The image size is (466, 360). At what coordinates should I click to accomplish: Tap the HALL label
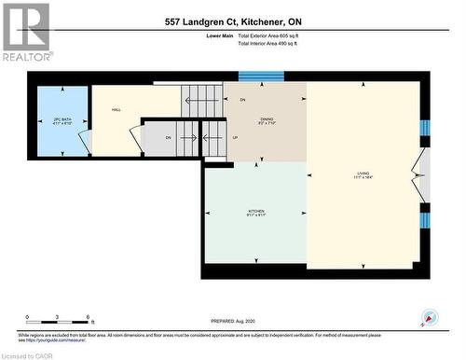pyautogui.click(x=117, y=110)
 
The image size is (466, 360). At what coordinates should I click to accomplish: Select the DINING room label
pyautogui.click(x=267, y=120)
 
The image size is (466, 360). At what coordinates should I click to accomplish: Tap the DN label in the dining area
pyautogui.click(x=242, y=99)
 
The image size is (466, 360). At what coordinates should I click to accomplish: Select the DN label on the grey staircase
pyautogui.click(x=169, y=138)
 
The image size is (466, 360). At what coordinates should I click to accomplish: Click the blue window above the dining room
pyautogui.click(x=260, y=76)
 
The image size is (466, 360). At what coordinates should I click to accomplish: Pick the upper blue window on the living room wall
pyautogui.click(x=424, y=128)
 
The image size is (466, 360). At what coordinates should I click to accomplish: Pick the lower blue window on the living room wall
pyautogui.click(x=424, y=220)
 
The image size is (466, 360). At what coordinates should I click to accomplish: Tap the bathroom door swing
pyautogui.click(x=85, y=142)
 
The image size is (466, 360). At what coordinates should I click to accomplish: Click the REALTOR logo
pyautogui.click(x=26, y=32)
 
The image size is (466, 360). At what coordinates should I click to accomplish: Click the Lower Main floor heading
pyautogui.click(x=220, y=35)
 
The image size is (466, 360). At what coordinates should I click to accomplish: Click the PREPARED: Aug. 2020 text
pyautogui.click(x=233, y=322)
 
